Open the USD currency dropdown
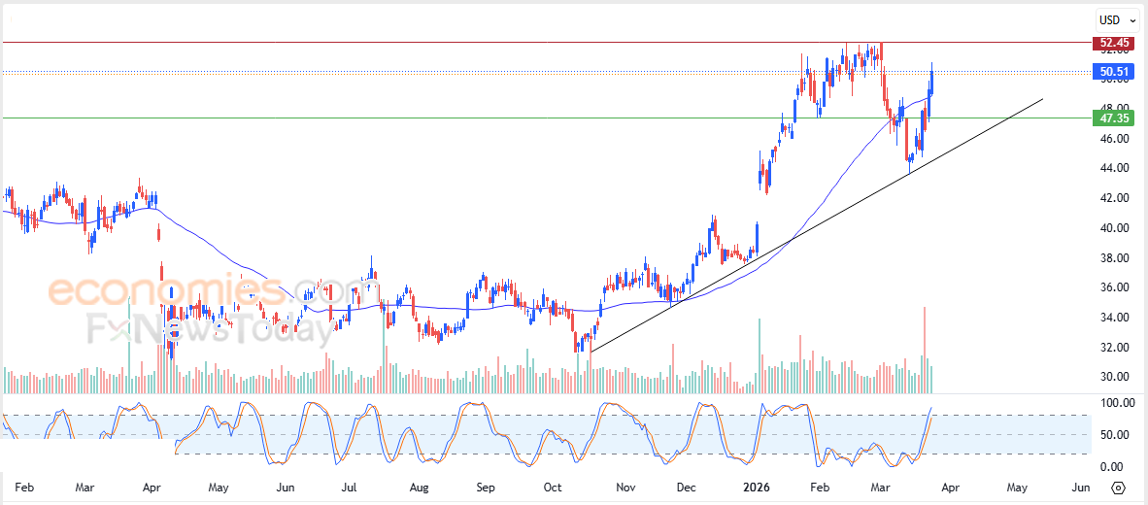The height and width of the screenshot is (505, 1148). pyautogui.click(x=1117, y=19)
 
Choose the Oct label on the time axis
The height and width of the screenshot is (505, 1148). pyautogui.click(x=553, y=488)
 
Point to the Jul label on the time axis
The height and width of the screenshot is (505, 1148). pyautogui.click(x=350, y=488)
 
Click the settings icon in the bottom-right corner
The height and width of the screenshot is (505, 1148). pyautogui.click(x=1118, y=488)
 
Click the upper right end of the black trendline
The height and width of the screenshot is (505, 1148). pyautogui.click(x=1042, y=99)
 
